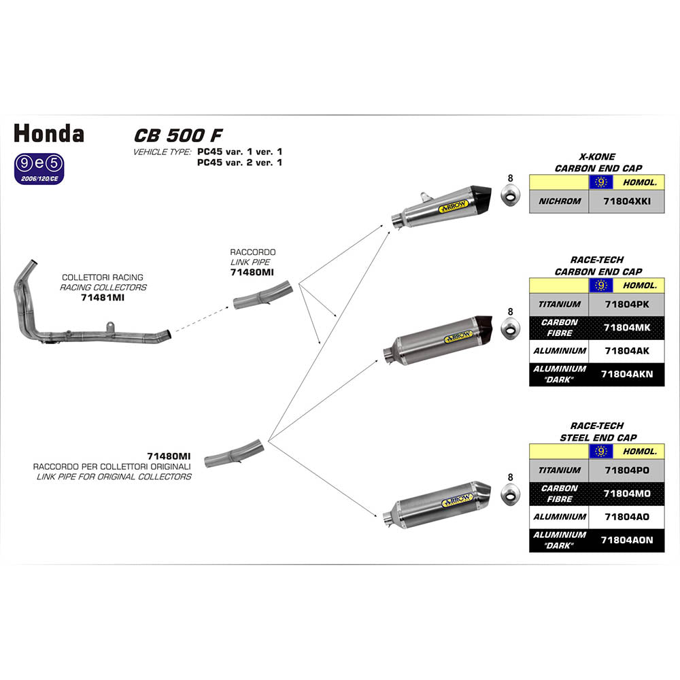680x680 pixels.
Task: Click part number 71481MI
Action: point(102,298)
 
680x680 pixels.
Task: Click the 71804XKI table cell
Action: point(626,201)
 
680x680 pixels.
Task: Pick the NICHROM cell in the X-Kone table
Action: point(559,201)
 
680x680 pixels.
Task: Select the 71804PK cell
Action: point(626,304)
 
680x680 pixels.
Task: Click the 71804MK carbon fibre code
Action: point(626,328)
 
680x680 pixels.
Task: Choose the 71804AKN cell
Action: point(626,374)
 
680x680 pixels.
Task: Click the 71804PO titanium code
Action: point(626,470)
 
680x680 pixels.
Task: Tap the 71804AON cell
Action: point(626,540)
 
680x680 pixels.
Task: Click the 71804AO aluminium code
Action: point(626,517)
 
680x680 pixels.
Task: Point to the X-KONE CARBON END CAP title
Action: point(597,163)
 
